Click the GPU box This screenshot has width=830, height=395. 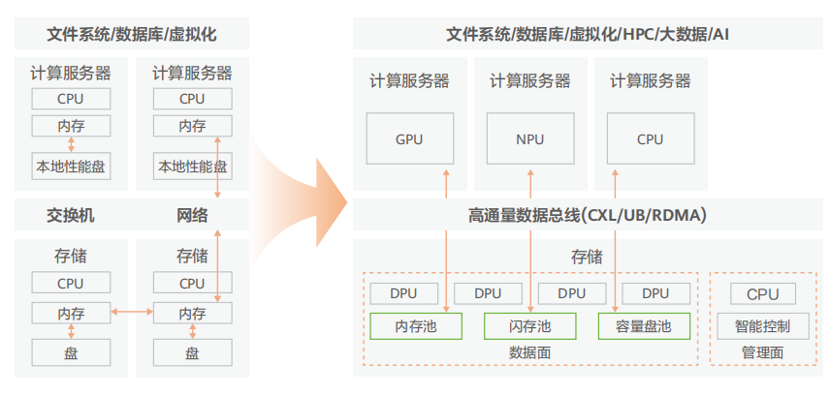(409, 138)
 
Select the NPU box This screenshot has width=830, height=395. (529, 138)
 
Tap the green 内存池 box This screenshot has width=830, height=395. (415, 326)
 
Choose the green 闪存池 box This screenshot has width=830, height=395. (529, 326)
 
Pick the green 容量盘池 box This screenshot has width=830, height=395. (643, 326)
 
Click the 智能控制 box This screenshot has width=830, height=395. (761, 326)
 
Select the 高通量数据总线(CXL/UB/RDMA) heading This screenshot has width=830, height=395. (588, 215)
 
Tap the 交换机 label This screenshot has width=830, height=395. (71, 215)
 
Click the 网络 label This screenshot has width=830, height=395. (192, 215)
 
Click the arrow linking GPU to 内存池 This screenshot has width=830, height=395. (445, 237)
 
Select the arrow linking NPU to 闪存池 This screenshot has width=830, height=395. (530, 237)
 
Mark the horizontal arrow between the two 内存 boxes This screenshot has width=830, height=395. (132, 312)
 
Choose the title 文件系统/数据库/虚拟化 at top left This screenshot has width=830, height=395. (132, 34)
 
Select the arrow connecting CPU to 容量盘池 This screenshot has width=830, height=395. (616, 237)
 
